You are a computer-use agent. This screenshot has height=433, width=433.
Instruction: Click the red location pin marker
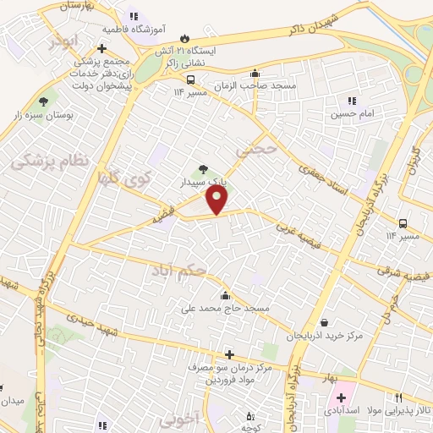coord(218,200)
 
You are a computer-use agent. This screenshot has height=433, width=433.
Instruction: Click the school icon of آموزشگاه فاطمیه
coord(133,15)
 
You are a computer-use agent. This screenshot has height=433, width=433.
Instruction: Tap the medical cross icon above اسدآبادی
coord(341,397)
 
